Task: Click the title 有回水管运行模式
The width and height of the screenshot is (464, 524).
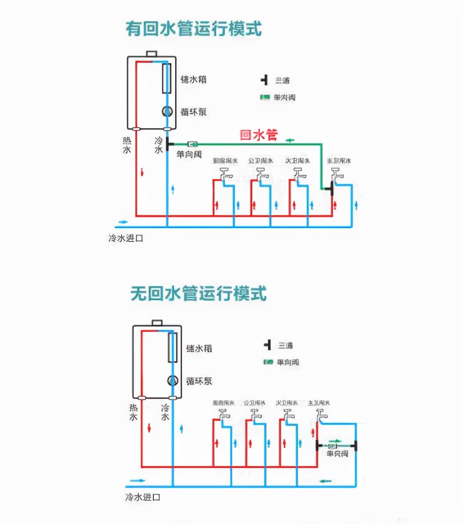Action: click(x=193, y=28)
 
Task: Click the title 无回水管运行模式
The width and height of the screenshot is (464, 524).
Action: click(x=198, y=294)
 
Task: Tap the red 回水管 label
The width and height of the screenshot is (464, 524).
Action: click(x=259, y=135)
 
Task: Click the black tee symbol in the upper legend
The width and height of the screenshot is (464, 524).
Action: click(x=265, y=80)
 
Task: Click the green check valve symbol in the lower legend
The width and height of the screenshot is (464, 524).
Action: click(x=267, y=362)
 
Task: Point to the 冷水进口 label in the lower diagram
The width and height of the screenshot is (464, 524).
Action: click(x=142, y=497)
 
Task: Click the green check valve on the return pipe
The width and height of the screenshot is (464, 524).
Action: click(x=193, y=144)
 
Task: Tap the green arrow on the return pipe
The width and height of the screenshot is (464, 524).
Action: click(x=289, y=140)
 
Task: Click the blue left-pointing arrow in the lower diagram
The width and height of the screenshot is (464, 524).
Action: click(x=325, y=481)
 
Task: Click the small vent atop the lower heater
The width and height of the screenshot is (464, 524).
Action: click(x=157, y=322)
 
